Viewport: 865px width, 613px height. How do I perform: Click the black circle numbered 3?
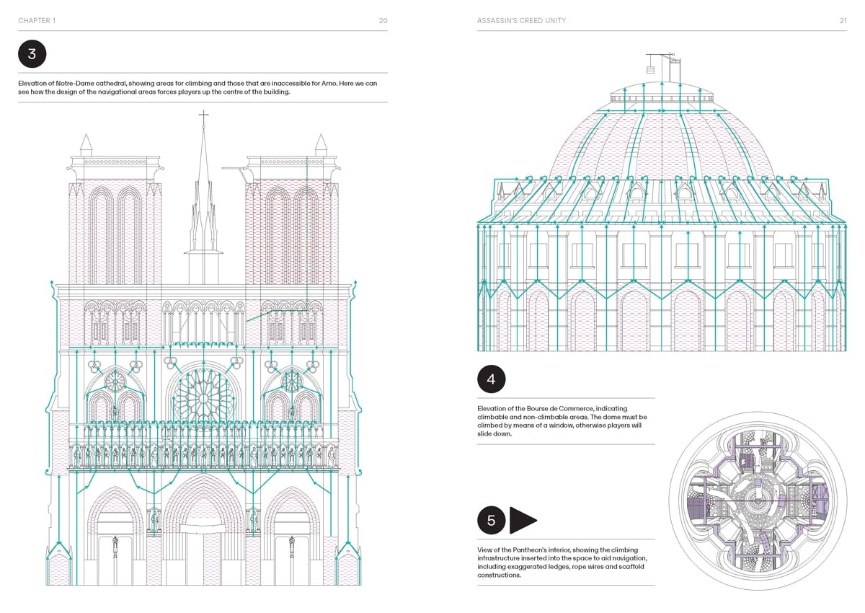[32, 54]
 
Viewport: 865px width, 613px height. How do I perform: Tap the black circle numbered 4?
[491, 379]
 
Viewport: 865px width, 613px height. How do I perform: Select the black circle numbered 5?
[491, 520]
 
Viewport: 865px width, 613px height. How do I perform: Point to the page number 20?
[383, 21]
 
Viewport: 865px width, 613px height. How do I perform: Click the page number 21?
[843, 21]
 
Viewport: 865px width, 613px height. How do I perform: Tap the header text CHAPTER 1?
[37, 21]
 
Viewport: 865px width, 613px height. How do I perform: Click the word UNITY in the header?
[552, 21]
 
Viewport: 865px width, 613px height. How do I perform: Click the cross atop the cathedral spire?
[203, 115]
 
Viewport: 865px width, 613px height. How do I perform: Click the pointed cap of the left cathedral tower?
[86, 142]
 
